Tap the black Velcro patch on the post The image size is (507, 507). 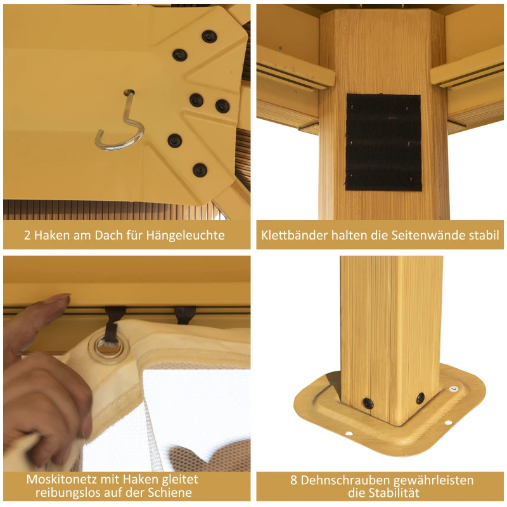pyautogui.click(x=383, y=142)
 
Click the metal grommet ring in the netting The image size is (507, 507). pyautogui.click(x=108, y=348)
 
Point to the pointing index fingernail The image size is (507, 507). pyautogui.click(x=59, y=298)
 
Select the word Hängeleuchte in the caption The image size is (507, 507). pyautogui.click(x=185, y=235)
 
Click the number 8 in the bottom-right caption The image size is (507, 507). pyautogui.click(x=293, y=480)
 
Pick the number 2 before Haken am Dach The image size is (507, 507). pyautogui.click(x=27, y=235)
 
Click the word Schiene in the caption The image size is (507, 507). pyautogui.click(x=170, y=492)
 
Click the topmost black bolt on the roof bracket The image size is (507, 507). pyautogui.click(x=209, y=37)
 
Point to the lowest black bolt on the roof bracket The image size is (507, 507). pyautogui.click(x=200, y=170)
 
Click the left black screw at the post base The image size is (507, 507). pyautogui.click(x=368, y=403)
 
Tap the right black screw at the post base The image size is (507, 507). pyautogui.click(x=420, y=398)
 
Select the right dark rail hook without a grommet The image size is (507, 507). pyautogui.click(x=185, y=314)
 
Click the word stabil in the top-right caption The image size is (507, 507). pyautogui.click(x=489, y=235)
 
